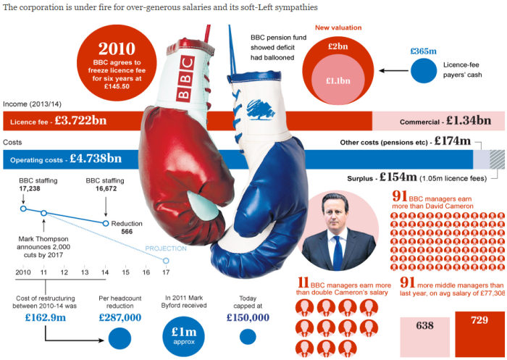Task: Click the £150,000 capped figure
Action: (x=248, y=316)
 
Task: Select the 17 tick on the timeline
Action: (x=166, y=272)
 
